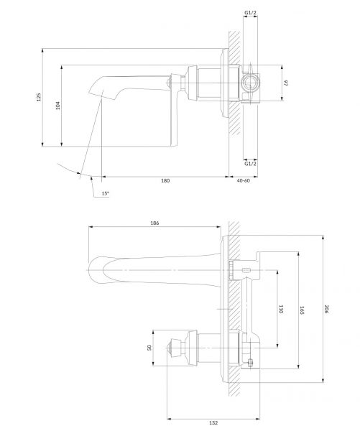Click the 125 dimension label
pyautogui.click(x=39, y=97)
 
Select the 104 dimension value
pyautogui.click(x=57, y=106)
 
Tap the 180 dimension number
pyautogui.click(x=165, y=180)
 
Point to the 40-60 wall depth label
pyautogui.click(x=244, y=180)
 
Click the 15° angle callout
pyautogui.click(x=106, y=193)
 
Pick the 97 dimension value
pyautogui.click(x=285, y=83)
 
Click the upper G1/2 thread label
pyautogui.click(x=250, y=13)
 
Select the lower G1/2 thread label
pyautogui.click(x=250, y=164)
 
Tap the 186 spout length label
pyautogui.click(x=154, y=223)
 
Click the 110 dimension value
pyautogui.click(x=281, y=309)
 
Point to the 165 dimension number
pyautogui.click(x=302, y=310)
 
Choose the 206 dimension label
pyautogui.click(x=326, y=309)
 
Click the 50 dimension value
pyautogui.click(x=149, y=348)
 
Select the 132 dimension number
pyautogui.click(x=213, y=423)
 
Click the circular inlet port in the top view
pyautogui.click(x=250, y=83)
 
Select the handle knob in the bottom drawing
pyautogui.click(x=175, y=348)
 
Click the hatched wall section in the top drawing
pyautogui.click(x=234, y=83)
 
